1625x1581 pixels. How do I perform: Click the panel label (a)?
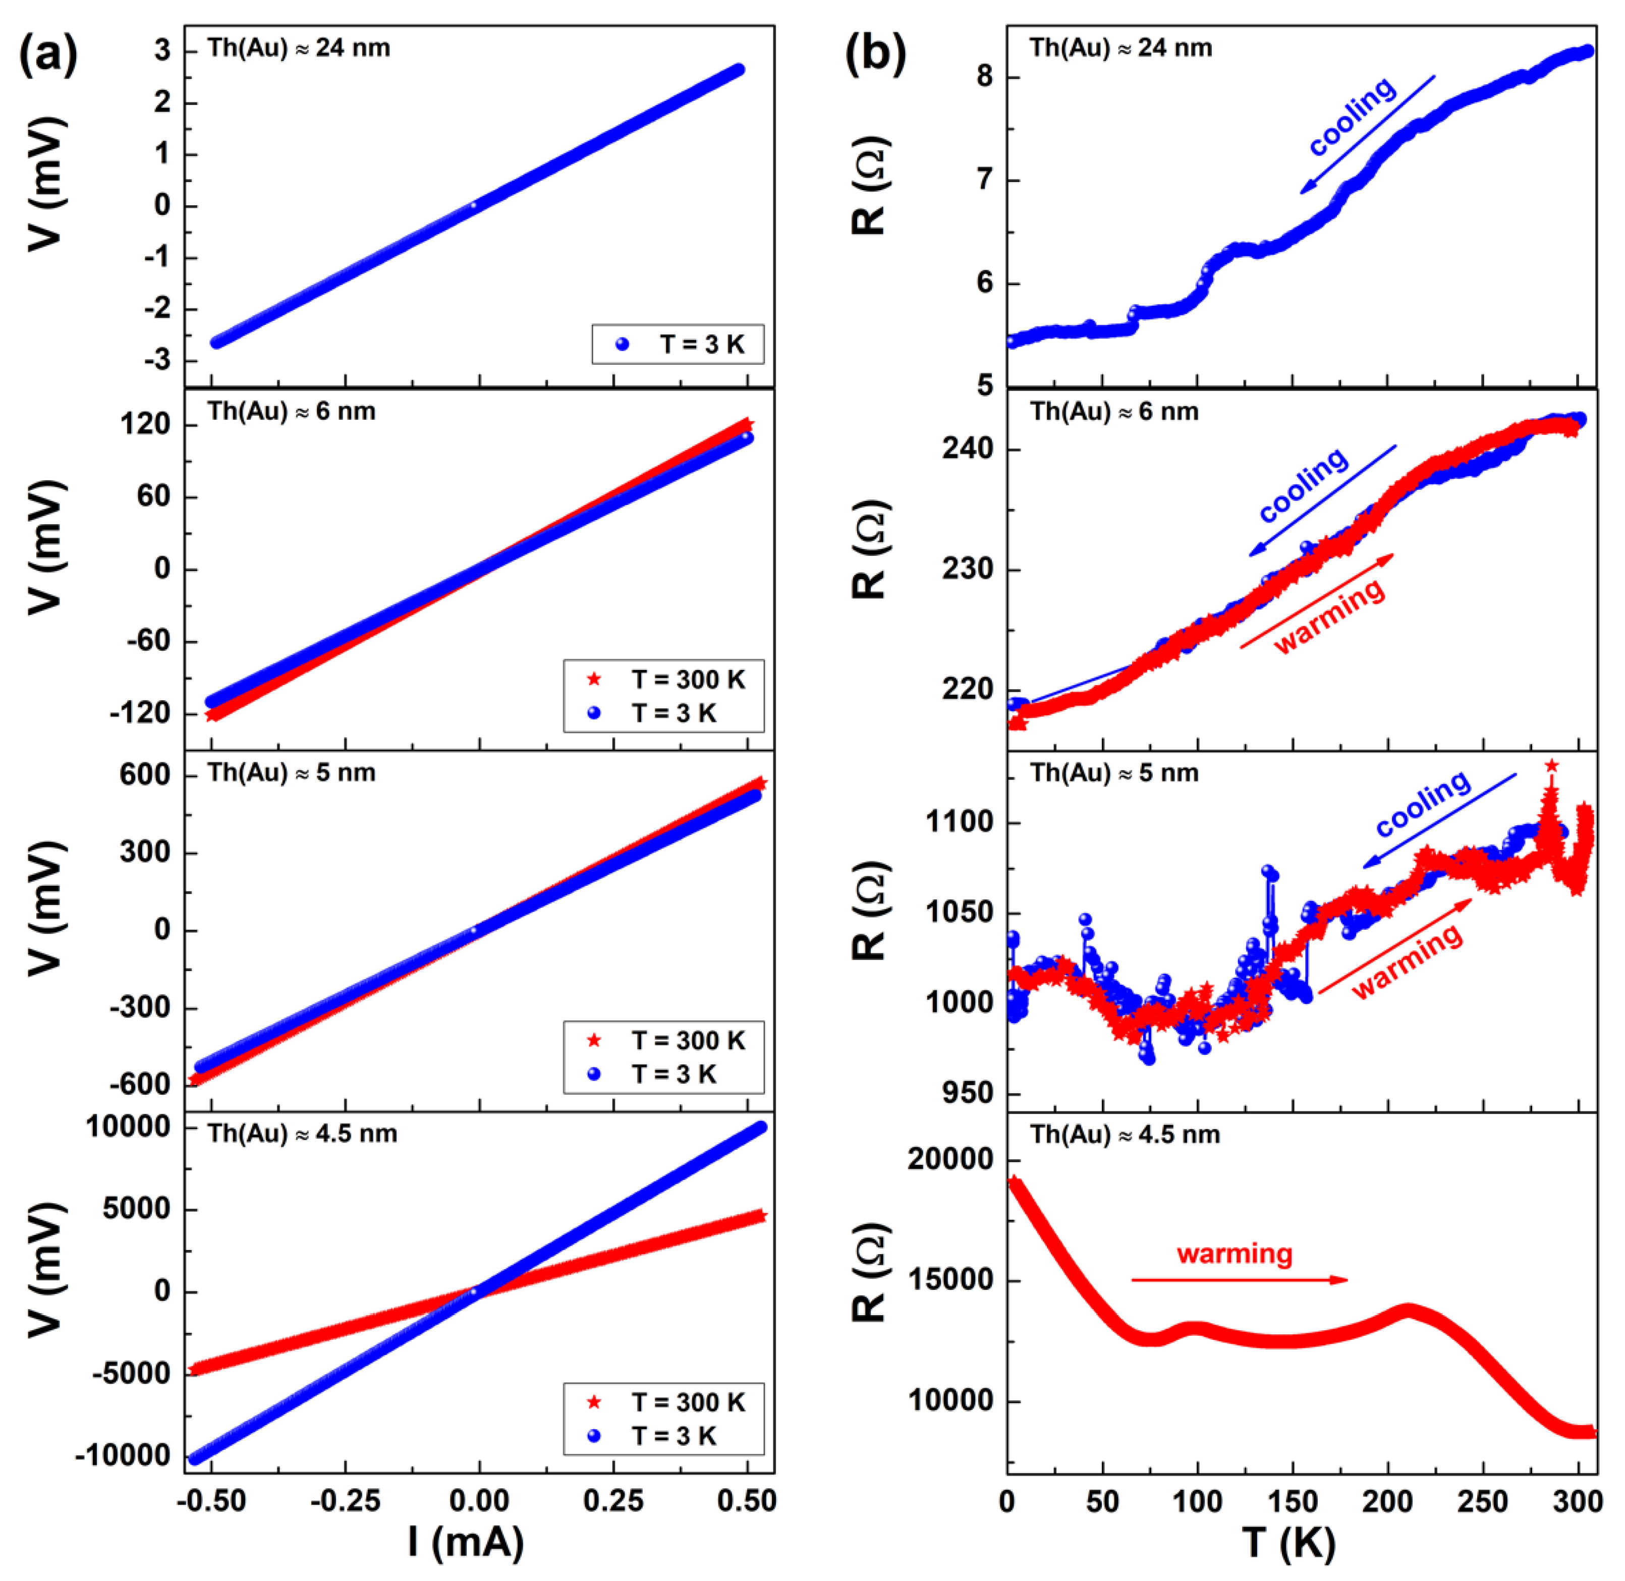coord(48,55)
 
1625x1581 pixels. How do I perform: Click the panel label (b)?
coord(874,55)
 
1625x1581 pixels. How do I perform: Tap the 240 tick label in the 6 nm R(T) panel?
coord(967,449)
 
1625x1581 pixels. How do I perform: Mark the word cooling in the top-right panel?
coord(1352,116)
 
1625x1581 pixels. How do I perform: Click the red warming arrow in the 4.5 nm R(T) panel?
coord(1239,1279)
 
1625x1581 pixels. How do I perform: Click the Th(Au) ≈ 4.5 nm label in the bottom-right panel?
coord(1125,1134)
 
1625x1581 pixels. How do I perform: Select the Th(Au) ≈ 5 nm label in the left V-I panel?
coord(292,773)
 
